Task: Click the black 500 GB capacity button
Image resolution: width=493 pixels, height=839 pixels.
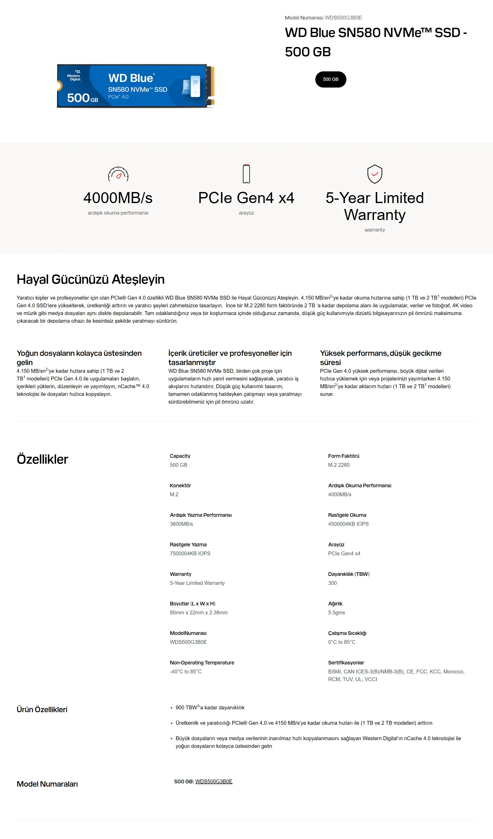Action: pos(330,79)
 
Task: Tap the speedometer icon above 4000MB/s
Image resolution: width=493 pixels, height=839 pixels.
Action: pos(118,174)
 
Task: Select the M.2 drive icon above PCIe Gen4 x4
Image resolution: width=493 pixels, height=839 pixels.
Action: pos(246,174)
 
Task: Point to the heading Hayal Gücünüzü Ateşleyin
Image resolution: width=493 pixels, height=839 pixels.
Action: pos(91,279)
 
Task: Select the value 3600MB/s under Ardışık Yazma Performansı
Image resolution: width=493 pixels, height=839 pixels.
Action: pos(182,524)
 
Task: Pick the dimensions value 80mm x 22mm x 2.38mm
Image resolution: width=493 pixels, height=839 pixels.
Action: pos(199,612)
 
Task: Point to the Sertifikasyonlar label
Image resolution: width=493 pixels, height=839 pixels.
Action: pos(346,663)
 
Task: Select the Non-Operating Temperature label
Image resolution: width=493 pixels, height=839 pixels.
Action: pos(202,663)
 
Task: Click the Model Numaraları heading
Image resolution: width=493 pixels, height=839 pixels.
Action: pos(47,784)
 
